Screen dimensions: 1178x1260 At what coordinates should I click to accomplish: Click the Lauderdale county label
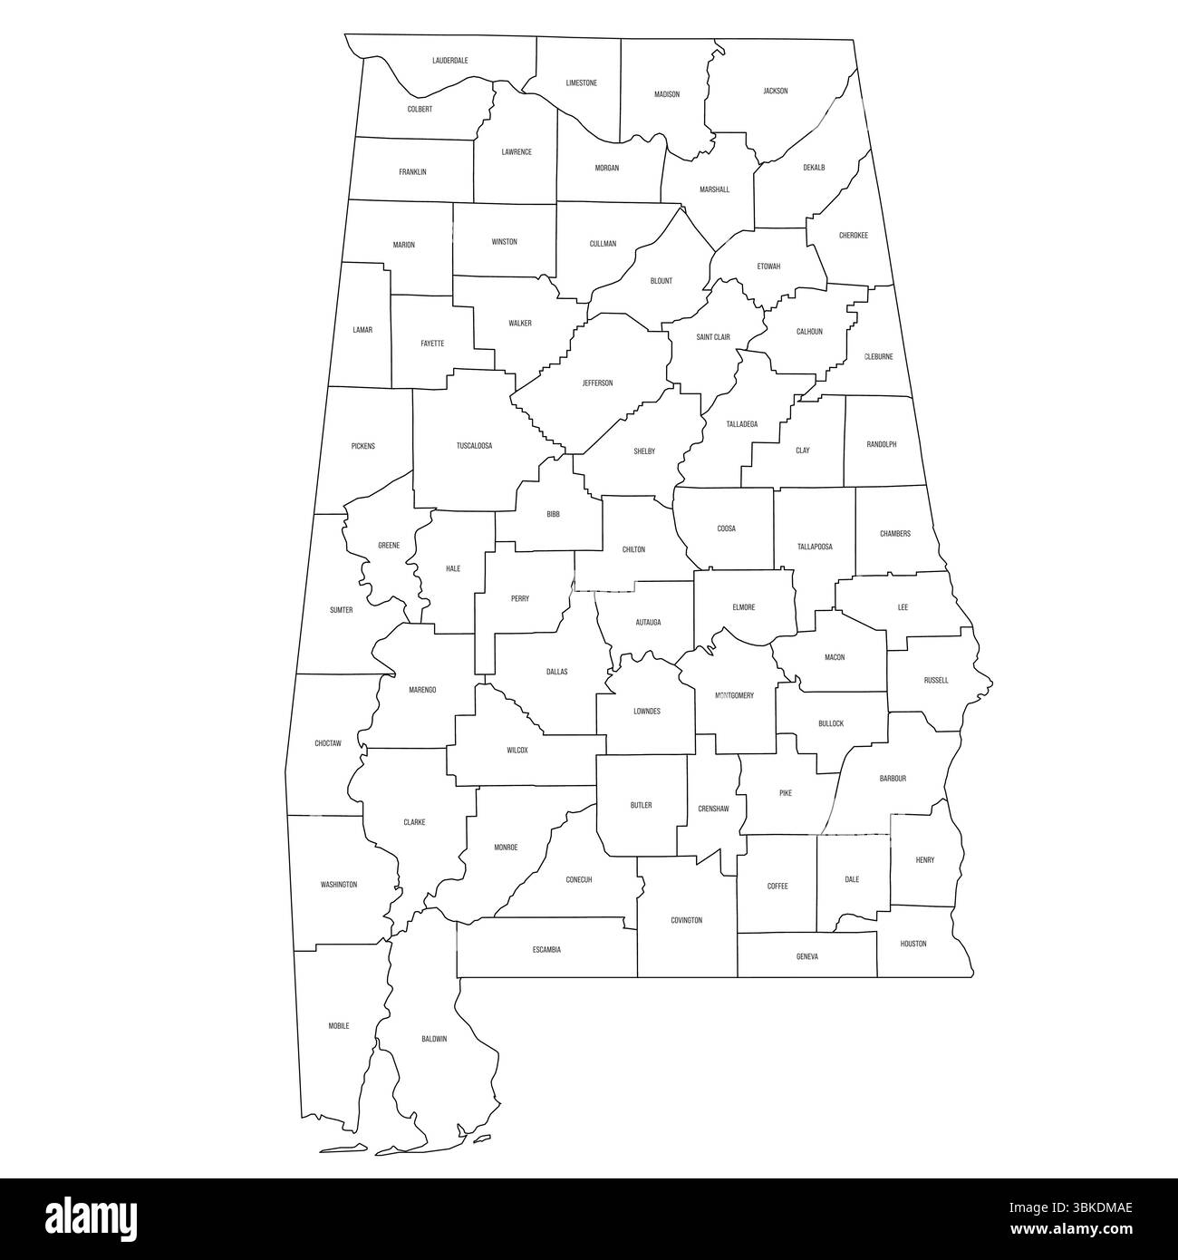[450, 61]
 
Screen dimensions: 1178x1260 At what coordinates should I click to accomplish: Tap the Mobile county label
[339, 1026]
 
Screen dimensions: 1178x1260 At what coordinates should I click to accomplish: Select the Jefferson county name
[597, 383]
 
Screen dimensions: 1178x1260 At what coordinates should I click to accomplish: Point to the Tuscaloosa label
[474, 446]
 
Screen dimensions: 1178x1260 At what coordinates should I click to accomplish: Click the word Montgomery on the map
[734, 695]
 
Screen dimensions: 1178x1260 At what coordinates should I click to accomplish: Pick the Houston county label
[913, 944]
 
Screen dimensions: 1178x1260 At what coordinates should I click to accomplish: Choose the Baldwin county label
[434, 1039]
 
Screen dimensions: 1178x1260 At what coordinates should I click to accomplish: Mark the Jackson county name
[776, 91]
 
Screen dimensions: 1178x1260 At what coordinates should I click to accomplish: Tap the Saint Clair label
[713, 337]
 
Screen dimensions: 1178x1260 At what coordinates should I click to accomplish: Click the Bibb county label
[553, 514]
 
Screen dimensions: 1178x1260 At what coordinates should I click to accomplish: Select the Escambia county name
[546, 950]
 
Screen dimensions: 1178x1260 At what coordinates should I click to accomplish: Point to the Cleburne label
[878, 356]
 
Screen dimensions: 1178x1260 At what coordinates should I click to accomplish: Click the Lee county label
[903, 607]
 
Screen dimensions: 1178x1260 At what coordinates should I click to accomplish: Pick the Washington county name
[339, 885]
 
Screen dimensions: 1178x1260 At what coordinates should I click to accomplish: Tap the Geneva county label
[806, 956]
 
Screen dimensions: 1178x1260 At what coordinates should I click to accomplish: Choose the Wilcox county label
[517, 751]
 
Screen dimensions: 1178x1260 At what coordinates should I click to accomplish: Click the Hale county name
[453, 568]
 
